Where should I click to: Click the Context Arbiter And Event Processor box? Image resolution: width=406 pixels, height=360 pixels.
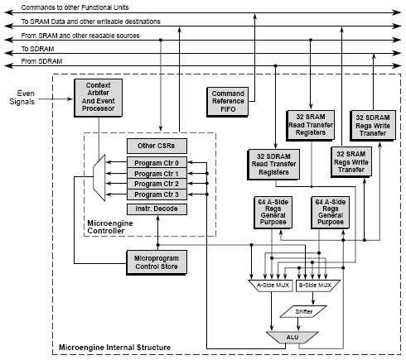pyautogui.click(x=99, y=98)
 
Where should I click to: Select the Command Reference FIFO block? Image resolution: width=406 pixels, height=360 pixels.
pyautogui.click(x=228, y=102)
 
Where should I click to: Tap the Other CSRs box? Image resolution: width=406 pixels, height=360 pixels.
pyautogui.click(x=157, y=146)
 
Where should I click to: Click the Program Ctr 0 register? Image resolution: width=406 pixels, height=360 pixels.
pyautogui.click(x=157, y=163)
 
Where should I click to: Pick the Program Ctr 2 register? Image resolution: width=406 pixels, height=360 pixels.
pyautogui.click(x=157, y=184)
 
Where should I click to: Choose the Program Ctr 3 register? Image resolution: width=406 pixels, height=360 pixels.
pyautogui.click(x=157, y=194)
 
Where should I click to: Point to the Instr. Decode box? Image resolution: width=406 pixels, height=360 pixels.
pyautogui.click(x=157, y=209)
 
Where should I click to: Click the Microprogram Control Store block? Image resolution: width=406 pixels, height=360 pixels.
pyautogui.click(x=157, y=262)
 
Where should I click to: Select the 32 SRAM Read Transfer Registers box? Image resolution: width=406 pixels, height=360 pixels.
pyautogui.click(x=311, y=126)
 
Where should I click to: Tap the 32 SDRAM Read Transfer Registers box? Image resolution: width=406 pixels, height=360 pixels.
pyautogui.click(x=273, y=165)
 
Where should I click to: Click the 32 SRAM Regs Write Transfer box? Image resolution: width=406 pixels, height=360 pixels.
pyautogui.click(x=351, y=162)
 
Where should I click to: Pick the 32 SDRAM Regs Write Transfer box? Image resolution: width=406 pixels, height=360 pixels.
pyautogui.click(x=373, y=126)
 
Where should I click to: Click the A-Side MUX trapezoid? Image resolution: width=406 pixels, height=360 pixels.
pyautogui.click(x=272, y=286)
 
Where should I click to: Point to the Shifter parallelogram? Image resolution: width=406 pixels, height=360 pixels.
pyautogui.click(x=303, y=311)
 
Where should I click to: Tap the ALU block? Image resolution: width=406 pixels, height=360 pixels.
pyautogui.click(x=292, y=337)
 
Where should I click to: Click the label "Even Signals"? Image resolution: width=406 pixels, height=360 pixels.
pyautogui.click(x=22, y=98)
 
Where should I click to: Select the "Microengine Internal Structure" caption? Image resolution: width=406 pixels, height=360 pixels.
pyautogui.click(x=114, y=347)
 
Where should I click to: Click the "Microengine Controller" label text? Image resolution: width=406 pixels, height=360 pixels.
pyautogui.click(x=110, y=227)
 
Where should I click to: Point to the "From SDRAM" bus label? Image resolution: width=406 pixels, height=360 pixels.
pyautogui.click(x=41, y=61)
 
